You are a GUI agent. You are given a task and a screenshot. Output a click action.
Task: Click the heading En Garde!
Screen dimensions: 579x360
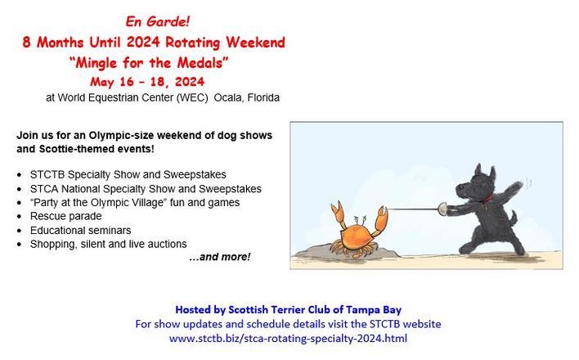click(158, 21)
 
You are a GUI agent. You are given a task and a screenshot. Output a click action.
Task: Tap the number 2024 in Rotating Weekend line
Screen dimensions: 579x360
click(144, 42)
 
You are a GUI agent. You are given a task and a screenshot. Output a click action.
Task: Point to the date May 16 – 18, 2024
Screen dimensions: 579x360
click(147, 82)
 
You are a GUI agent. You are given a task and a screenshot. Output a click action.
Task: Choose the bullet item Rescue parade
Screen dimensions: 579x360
click(65, 216)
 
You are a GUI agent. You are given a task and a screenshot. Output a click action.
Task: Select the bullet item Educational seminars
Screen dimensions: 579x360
click(80, 230)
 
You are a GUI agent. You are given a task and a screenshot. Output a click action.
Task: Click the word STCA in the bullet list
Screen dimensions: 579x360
click(44, 189)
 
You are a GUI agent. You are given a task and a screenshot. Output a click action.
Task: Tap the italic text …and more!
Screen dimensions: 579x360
click(220, 257)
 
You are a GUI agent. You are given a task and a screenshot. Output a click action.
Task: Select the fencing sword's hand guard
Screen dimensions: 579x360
click(442, 209)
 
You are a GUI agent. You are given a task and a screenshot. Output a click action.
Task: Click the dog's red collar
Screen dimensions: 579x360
click(487, 200)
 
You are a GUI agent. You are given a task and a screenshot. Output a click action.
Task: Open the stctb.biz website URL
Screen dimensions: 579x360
click(288, 339)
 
